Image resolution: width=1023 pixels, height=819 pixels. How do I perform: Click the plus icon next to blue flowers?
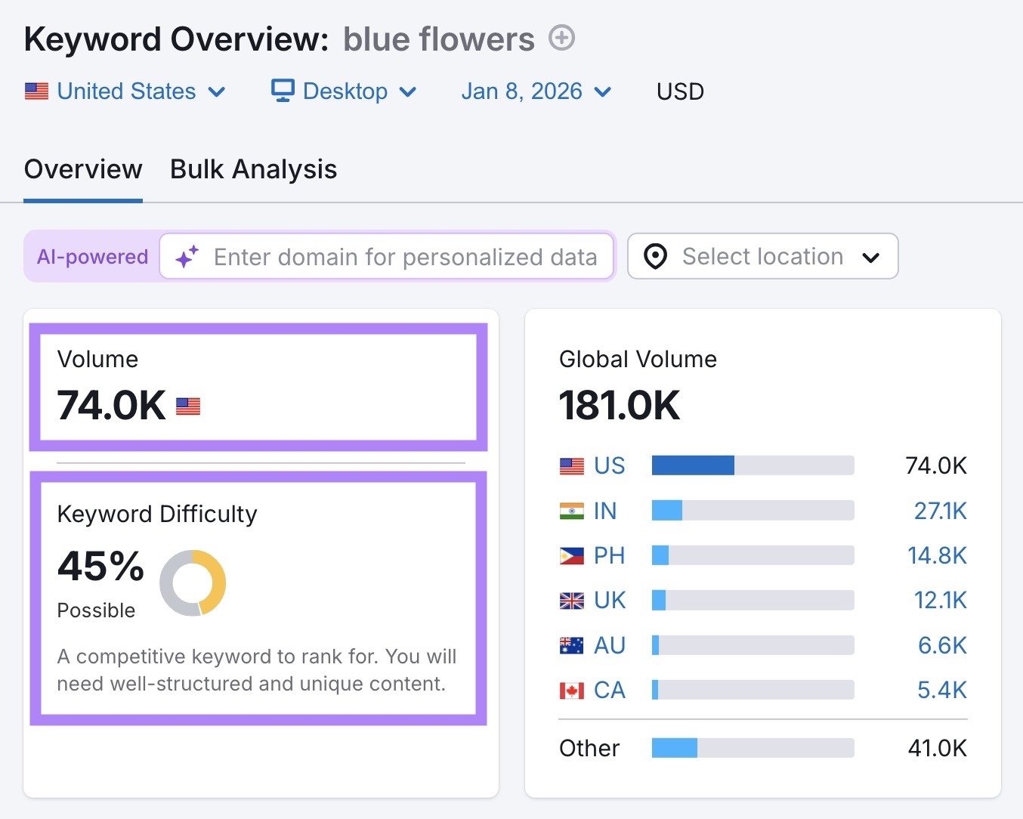(x=561, y=38)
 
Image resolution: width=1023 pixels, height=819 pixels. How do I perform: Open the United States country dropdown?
(x=125, y=91)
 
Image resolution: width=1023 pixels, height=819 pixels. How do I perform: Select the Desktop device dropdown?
(x=344, y=91)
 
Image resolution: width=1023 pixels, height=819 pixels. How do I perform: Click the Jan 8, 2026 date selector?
(x=536, y=91)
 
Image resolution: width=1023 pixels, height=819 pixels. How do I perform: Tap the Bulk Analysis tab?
(x=253, y=169)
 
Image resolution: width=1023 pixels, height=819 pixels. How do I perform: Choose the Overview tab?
(x=83, y=169)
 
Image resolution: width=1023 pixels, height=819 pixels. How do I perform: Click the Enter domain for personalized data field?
(x=405, y=257)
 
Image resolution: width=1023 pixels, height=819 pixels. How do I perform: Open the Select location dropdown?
(x=762, y=257)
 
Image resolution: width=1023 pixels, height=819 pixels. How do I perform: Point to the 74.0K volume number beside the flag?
(x=111, y=406)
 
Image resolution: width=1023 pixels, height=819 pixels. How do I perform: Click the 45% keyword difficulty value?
(x=100, y=566)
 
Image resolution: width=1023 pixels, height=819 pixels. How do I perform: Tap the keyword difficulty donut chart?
(x=193, y=583)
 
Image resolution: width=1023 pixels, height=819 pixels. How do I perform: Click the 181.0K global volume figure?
(x=620, y=406)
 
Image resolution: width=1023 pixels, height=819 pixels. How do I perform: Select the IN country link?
(x=605, y=511)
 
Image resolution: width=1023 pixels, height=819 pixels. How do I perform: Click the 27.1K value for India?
(x=940, y=511)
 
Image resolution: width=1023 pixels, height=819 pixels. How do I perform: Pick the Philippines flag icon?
(x=571, y=556)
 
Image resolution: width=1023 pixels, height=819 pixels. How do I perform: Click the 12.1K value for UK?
(x=940, y=601)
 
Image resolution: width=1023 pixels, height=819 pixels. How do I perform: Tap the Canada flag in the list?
(x=571, y=691)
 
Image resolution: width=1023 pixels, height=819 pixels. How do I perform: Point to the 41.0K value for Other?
(x=937, y=748)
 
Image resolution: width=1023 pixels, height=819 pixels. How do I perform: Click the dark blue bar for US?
(x=693, y=465)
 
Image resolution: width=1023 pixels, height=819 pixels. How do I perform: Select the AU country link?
(x=609, y=645)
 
